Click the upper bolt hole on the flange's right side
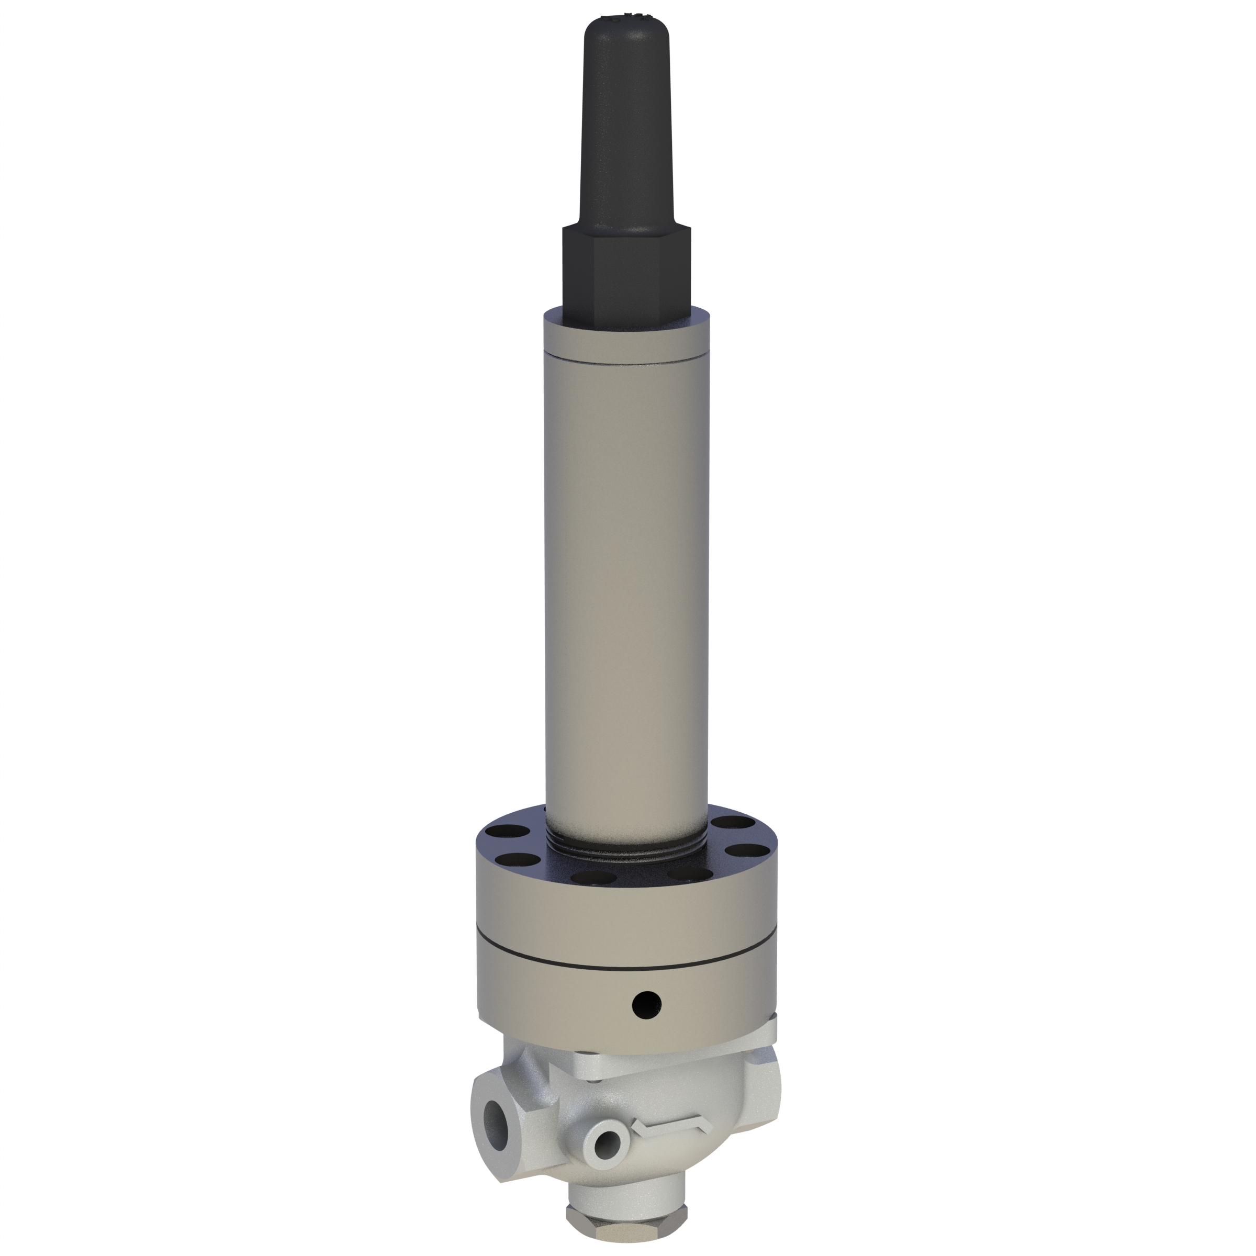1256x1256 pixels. pyautogui.click(x=727, y=824)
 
